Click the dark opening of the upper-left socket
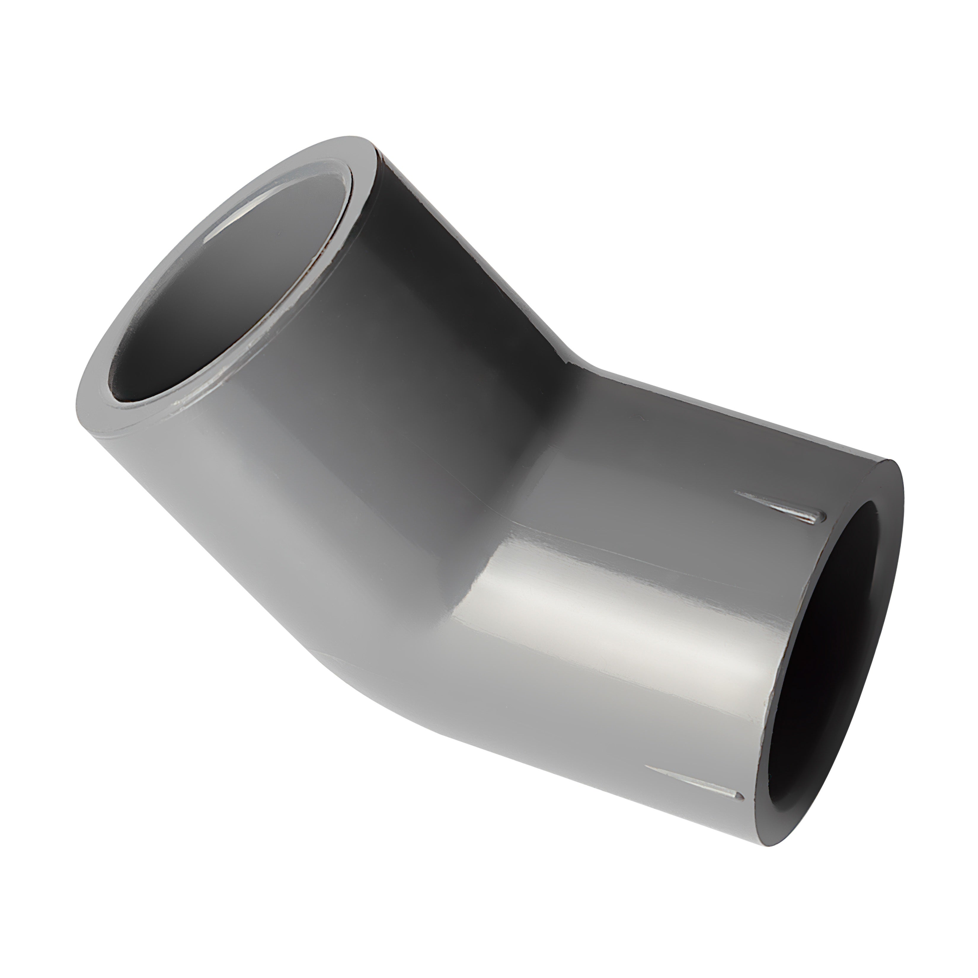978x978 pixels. [223, 284]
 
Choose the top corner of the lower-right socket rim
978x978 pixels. [891, 462]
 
